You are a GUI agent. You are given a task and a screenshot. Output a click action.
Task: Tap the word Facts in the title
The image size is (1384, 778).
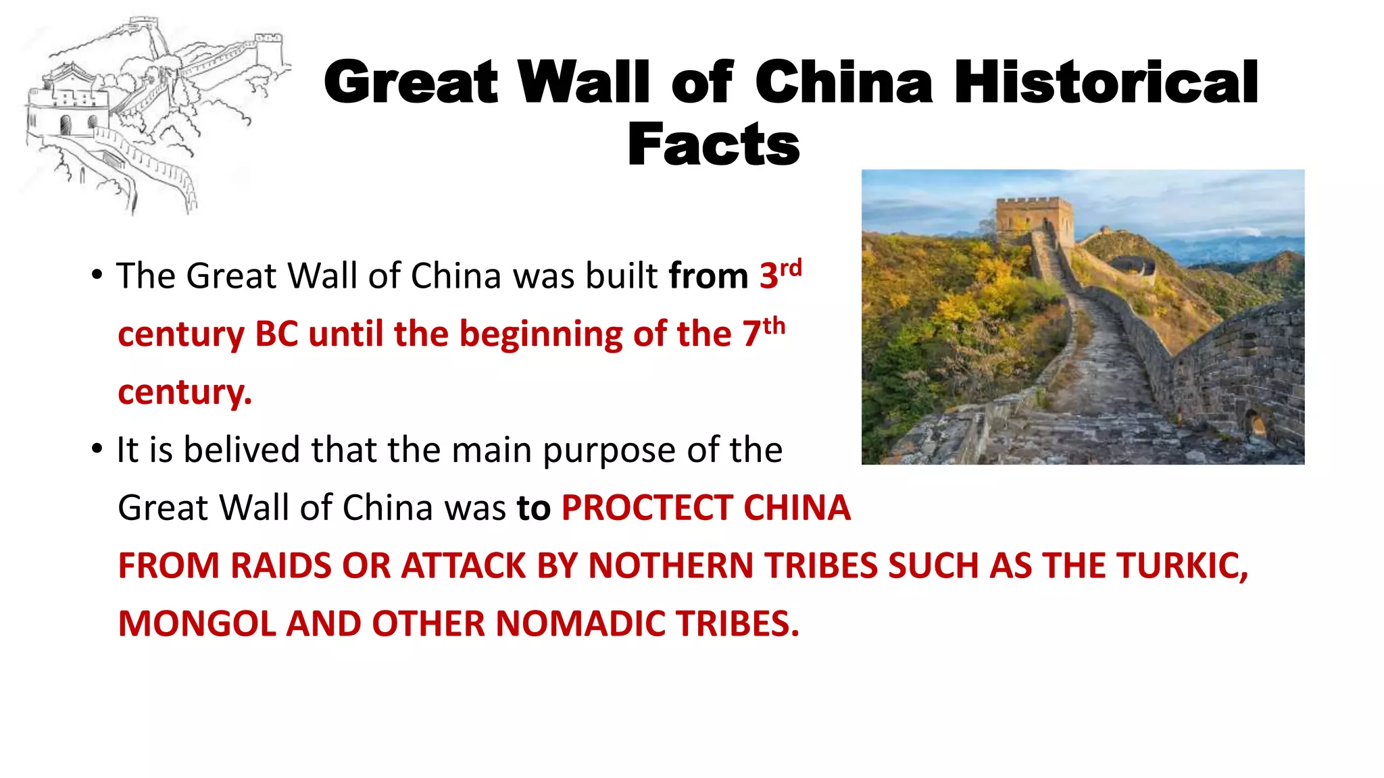[713, 145]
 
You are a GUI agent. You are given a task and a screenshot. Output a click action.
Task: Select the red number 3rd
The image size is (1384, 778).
[781, 274]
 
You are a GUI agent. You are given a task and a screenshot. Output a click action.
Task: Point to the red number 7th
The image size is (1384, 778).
[764, 332]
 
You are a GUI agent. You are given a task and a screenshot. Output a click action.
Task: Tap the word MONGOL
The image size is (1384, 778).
[197, 624]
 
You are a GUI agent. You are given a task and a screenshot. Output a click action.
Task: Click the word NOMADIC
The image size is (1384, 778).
[580, 624]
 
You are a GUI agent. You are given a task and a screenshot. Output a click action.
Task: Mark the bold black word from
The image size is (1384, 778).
[708, 276]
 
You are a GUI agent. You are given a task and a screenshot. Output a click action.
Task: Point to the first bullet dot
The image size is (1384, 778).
[97, 275]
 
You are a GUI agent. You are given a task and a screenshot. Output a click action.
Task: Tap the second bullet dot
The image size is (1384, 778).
[97, 449]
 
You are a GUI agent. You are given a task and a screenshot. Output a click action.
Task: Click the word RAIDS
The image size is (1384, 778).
[280, 566]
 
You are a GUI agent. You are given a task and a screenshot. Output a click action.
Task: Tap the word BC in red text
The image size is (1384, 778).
[276, 334]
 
